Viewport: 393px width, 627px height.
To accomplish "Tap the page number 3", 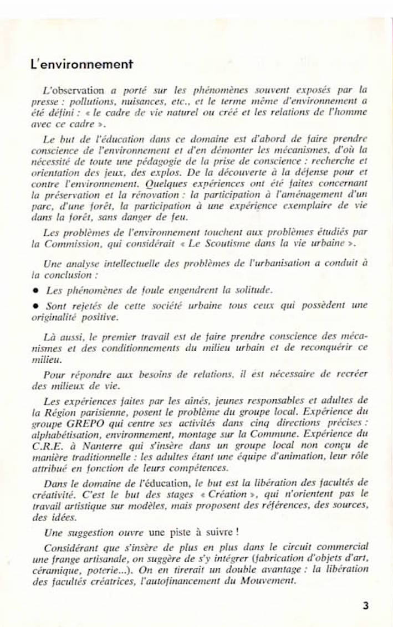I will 365,605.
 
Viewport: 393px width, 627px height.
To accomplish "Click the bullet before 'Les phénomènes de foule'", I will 35,290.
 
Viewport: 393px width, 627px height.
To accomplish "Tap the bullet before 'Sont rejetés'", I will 35,305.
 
